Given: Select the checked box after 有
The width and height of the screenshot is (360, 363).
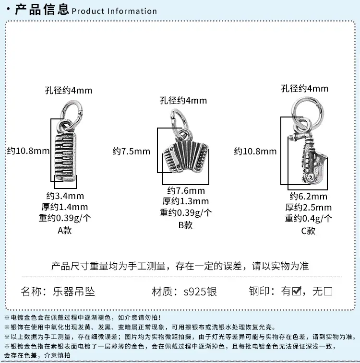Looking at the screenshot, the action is point(297,291).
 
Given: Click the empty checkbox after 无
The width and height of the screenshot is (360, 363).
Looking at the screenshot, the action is point(328,291).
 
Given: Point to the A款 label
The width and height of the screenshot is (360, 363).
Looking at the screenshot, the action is point(65,231).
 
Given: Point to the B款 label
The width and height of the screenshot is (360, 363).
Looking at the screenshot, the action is point(185,225).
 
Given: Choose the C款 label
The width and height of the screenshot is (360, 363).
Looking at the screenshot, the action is point(308,231).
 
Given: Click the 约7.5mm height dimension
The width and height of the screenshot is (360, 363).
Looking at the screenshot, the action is point(132,152).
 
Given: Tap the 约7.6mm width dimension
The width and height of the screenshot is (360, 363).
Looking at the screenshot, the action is point(186,191).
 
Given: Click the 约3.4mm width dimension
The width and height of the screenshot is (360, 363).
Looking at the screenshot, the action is point(65,196).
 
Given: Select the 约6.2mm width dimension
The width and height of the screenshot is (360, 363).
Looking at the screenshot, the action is point(308,197).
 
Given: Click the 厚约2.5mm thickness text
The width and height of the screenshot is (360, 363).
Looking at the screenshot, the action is point(308,208).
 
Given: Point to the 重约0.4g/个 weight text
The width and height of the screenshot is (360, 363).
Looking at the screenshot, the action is point(308,219).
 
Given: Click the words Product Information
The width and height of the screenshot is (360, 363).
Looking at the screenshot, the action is point(114,11).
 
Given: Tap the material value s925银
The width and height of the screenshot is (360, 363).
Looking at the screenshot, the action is point(200,292).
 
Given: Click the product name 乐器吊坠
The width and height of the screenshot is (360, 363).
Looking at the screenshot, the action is point(74,292).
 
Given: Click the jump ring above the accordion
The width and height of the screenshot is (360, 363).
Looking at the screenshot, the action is point(180,121).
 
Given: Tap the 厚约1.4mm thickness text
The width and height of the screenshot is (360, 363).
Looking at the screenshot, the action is point(65,207).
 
